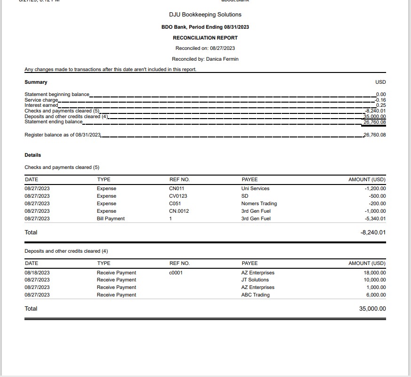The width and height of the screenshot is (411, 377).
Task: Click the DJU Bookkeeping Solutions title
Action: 205,15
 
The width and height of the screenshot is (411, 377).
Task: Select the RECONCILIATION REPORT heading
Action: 205,38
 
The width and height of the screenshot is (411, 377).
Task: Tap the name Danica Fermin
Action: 222,59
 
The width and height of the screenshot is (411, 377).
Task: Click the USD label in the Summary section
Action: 380,82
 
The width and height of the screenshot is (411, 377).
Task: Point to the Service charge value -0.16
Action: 380,100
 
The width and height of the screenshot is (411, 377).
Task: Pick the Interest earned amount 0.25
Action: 381,105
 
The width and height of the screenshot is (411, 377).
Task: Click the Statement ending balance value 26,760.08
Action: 374,122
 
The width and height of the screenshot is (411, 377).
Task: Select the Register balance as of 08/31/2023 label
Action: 63,135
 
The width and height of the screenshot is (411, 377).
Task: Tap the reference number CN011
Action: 176,189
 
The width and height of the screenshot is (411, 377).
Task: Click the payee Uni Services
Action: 255,189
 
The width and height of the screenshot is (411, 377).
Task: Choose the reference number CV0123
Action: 178,196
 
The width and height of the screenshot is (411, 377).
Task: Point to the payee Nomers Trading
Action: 259,204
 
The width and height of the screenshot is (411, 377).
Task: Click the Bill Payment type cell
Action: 111,219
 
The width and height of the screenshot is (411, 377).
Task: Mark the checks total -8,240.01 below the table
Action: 372,233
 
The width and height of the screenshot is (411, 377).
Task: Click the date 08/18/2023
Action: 37,273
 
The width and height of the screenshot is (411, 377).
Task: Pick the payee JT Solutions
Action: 255,280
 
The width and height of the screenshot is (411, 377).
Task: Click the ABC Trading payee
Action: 255,295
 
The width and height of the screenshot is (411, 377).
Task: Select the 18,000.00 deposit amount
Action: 374,273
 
